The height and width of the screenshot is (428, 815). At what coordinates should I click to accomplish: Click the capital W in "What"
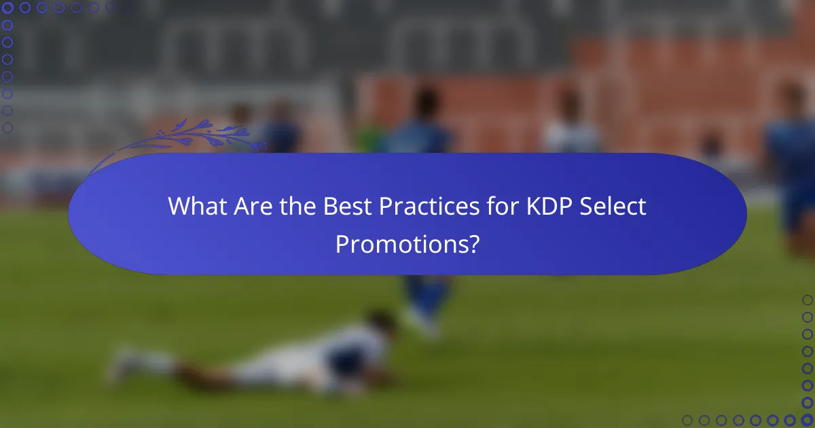179,207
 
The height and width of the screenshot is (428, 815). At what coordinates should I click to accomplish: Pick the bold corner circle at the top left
8,8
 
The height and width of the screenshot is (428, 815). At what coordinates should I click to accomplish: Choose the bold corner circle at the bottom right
807,420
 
